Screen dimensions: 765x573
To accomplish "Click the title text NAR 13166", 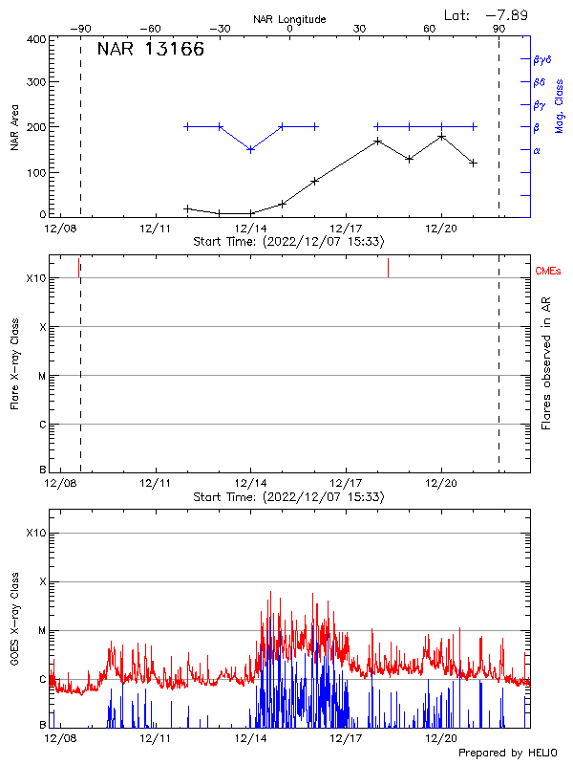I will [x=150, y=51].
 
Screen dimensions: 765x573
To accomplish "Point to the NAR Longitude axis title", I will [x=289, y=18].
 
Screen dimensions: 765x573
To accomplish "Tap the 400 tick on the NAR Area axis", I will [x=35, y=40].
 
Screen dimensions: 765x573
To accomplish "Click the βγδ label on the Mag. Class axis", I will [x=541, y=59].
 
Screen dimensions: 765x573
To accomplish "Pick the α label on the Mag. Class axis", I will [x=537, y=150].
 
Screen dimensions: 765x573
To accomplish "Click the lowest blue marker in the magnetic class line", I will [x=250, y=149].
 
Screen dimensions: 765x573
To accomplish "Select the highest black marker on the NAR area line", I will [x=441, y=137].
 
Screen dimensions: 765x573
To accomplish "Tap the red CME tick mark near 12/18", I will [x=388, y=268].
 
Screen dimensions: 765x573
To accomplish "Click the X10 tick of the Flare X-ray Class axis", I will [x=36, y=278].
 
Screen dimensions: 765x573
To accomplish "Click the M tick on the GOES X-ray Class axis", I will [x=42, y=630].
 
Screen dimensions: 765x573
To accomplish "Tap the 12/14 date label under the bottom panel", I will [x=250, y=738].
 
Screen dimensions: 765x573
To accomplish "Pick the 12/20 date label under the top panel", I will [x=441, y=229].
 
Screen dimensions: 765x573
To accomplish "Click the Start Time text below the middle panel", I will [x=288, y=497].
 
